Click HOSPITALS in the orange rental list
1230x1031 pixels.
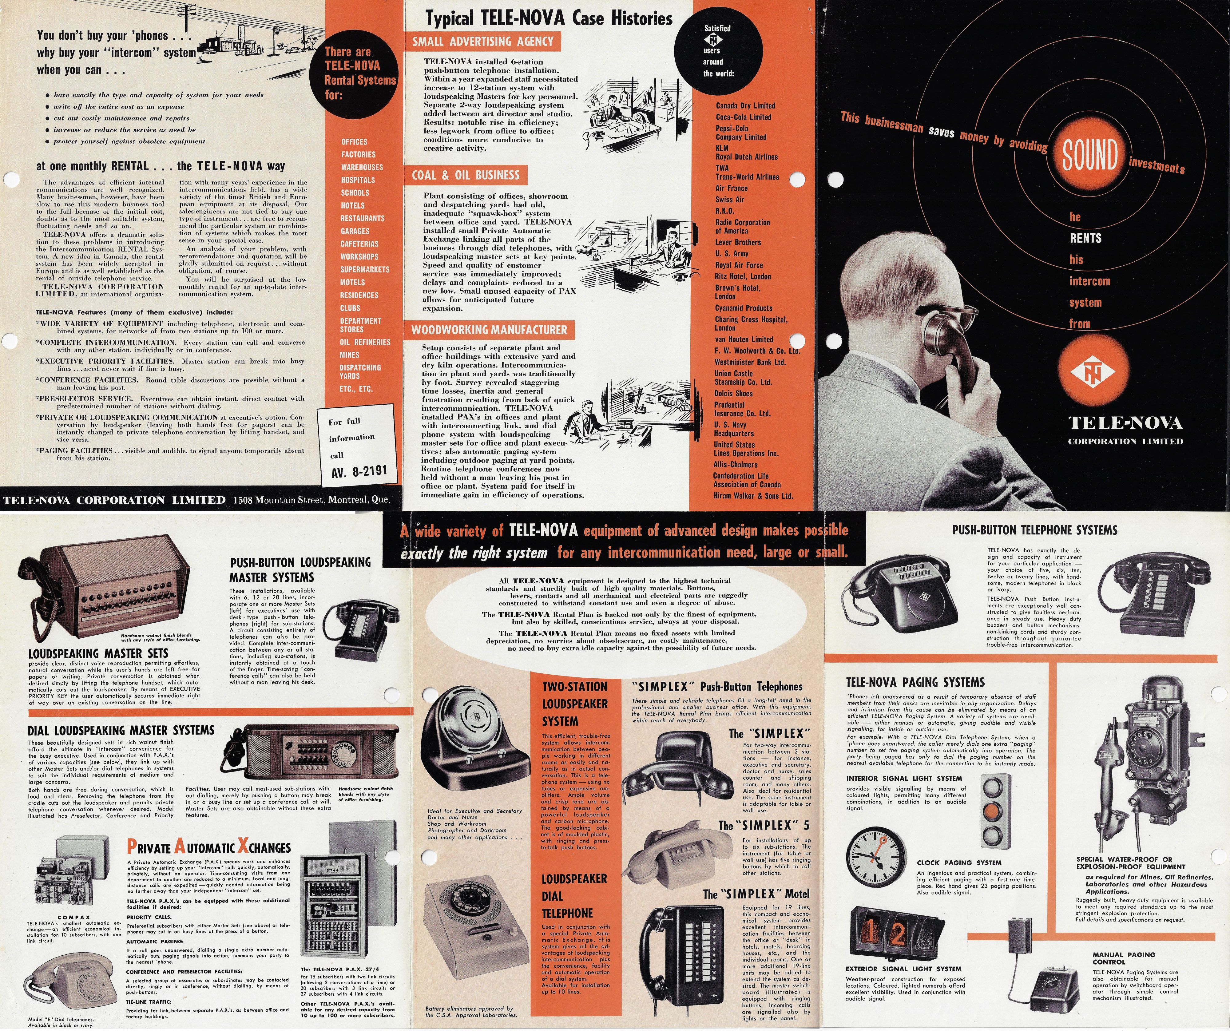pos(358,180)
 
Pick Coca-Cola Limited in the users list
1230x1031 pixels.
pos(743,117)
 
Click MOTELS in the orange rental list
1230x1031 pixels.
pos(353,282)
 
